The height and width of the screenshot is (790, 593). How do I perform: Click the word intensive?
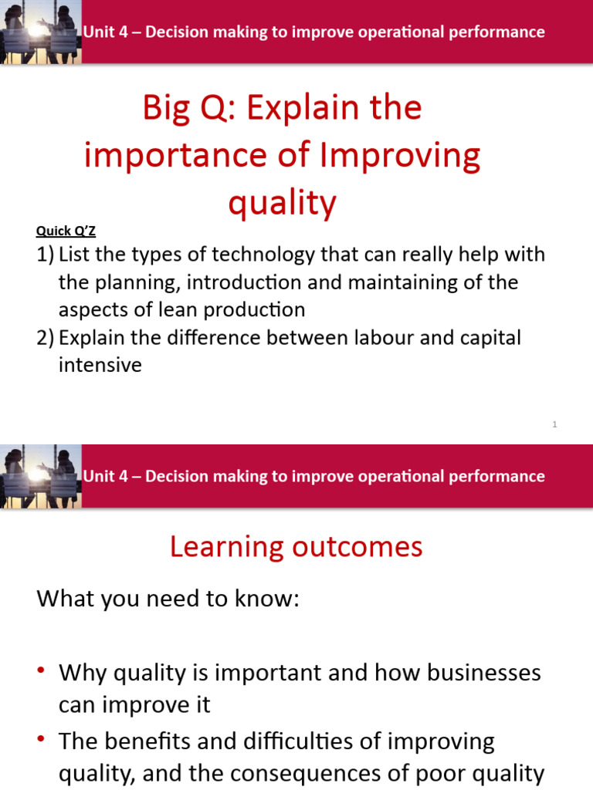[100, 365]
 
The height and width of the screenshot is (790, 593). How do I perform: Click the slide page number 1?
[554, 424]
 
